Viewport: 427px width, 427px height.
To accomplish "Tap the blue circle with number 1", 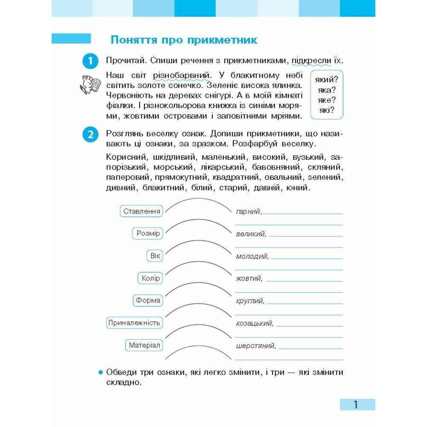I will click(x=90, y=61).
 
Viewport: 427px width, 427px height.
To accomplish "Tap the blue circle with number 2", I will click(x=90, y=135).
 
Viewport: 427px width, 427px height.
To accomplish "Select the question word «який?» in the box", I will click(x=327, y=79).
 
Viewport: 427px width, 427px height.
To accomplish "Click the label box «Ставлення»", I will click(x=142, y=211).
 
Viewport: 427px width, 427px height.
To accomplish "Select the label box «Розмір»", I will click(x=148, y=234).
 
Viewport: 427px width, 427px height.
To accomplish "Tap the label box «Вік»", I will click(x=155, y=256).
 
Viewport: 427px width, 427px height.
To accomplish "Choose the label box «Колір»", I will click(x=151, y=278).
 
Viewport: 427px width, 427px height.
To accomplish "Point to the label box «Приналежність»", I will click(x=134, y=323).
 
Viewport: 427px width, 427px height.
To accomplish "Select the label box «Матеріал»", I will click(x=144, y=345).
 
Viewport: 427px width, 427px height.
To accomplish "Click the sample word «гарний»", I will click(x=248, y=211).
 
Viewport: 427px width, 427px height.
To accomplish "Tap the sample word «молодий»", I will click(x=252, y=256).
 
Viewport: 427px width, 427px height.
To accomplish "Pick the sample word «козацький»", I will click(x=254, y=323).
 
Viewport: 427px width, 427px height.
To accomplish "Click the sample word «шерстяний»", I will click(x=255, y=346).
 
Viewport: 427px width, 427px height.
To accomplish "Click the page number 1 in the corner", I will click(x=356, y=404).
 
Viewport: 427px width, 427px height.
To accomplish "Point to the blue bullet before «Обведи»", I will click(x=101, y=372).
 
